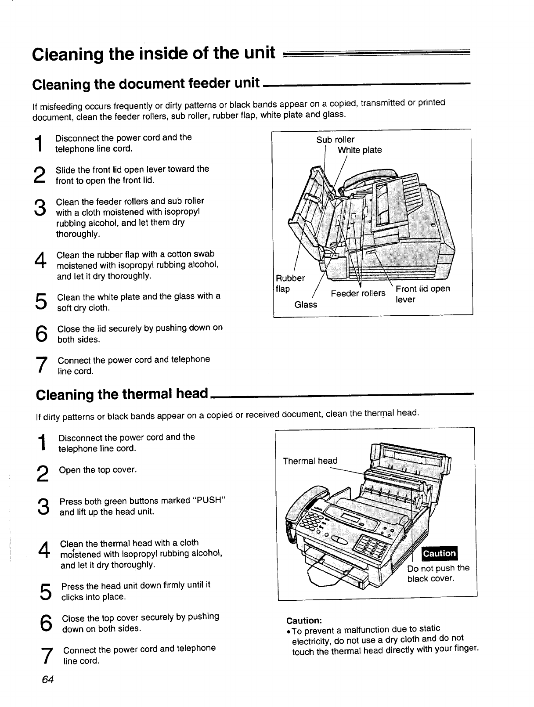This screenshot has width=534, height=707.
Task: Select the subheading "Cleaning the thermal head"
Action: [122, 394]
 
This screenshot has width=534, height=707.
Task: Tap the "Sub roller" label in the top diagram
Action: [335, 140]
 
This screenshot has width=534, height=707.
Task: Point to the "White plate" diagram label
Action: [359, 150]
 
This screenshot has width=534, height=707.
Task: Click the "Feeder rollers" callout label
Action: [357, 293]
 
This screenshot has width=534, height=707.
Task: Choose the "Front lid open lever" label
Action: [422, 294]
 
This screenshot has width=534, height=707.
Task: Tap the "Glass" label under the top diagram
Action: [306, 304]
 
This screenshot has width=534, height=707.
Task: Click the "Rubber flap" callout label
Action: [290, 284]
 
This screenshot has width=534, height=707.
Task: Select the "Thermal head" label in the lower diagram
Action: [310, 461]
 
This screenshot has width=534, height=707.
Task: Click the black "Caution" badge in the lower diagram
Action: [439, 553]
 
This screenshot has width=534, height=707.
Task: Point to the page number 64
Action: [47, 680]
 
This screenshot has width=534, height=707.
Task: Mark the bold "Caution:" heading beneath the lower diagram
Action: [304, 620]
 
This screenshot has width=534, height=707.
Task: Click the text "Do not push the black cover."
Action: [438, 573]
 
